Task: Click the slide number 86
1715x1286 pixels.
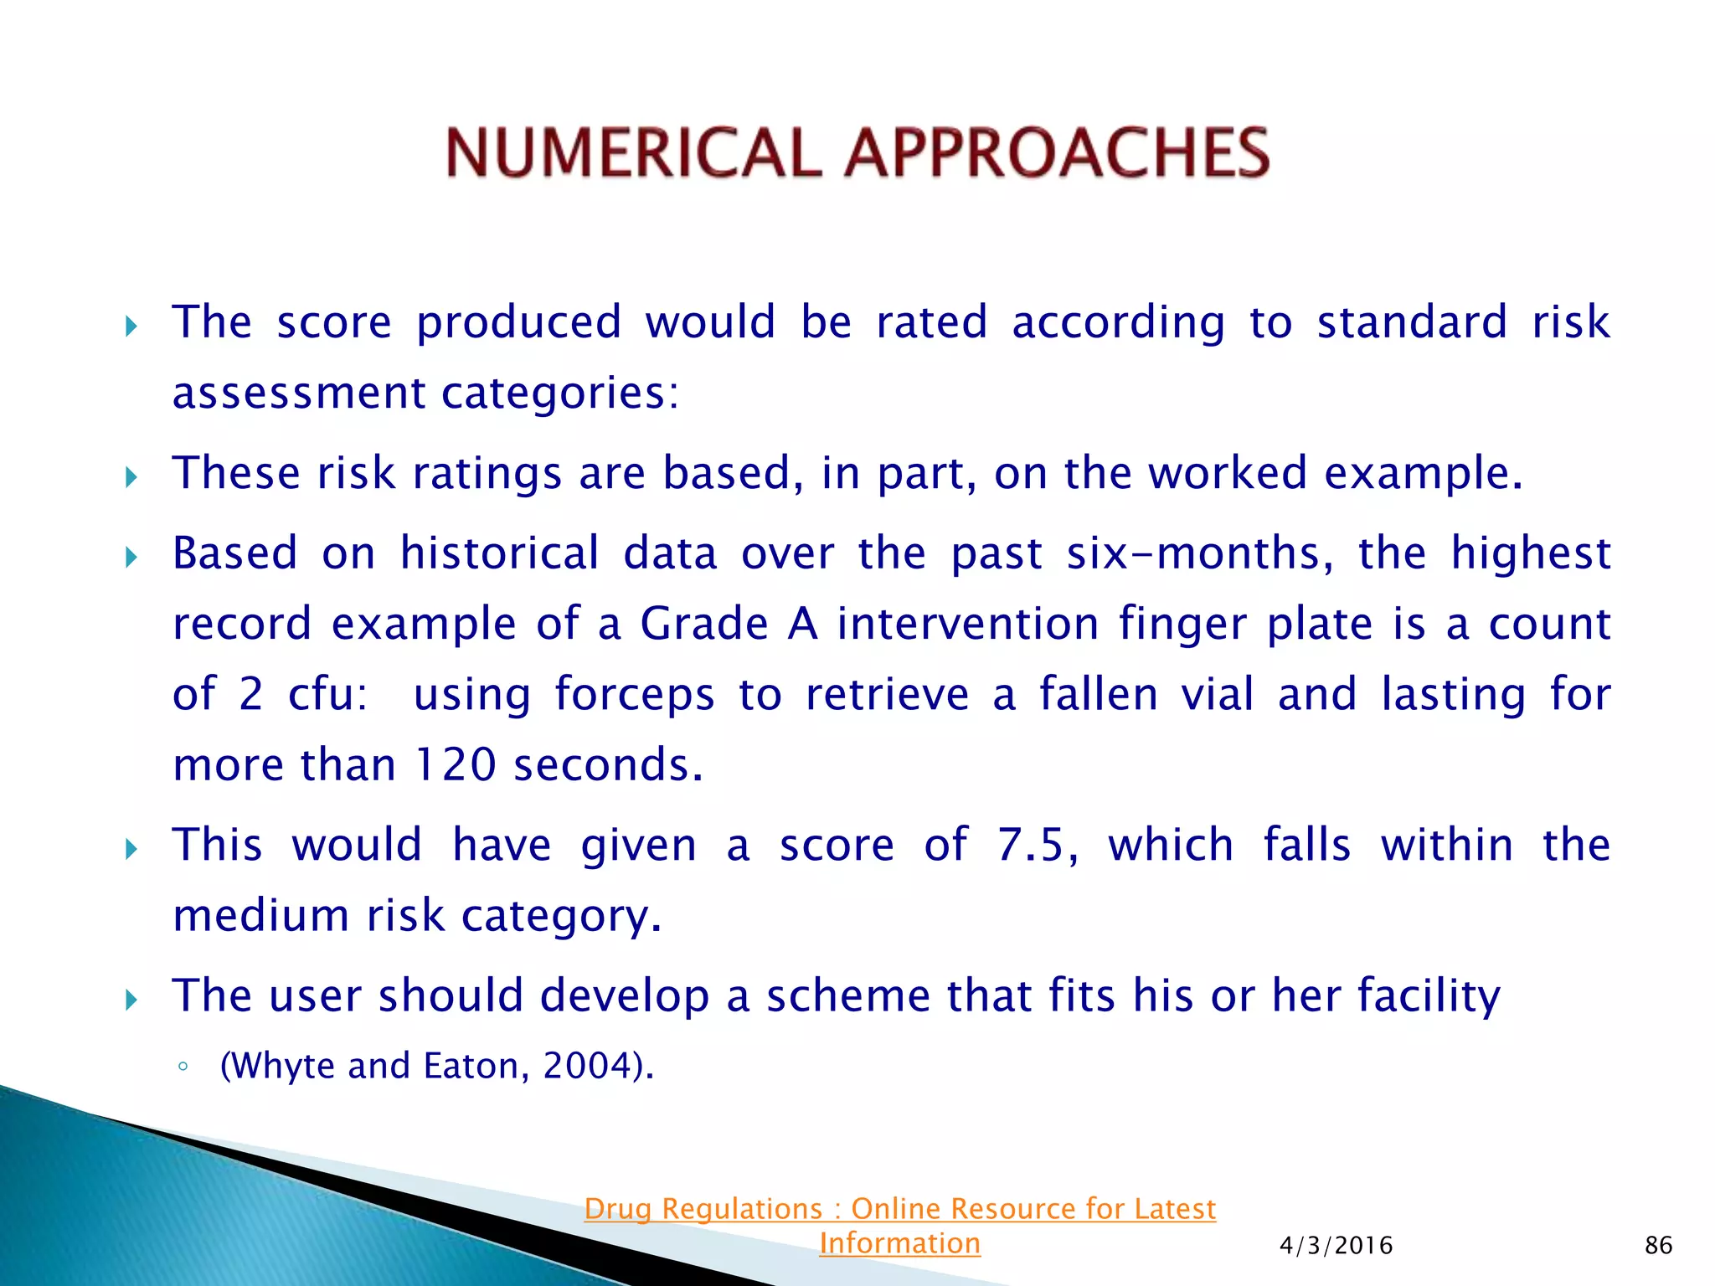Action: click(x=1658, y=1245)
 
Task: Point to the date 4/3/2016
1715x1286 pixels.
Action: click(x=1336, y=1245)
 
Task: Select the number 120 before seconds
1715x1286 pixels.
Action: click(x=456, y=764)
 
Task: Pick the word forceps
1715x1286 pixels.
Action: click(x=635, y=694)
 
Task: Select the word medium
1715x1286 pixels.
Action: click(x=261, y=915)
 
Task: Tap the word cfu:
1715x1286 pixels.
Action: click(x=327, y=694)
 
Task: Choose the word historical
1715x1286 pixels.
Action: click(x=499, y=553)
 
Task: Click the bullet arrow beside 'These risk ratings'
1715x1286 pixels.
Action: click(x=131, y=477)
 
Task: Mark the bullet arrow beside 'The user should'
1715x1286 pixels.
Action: click(x=131, y=999)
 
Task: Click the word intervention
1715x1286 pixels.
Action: click(x=967, y=624)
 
